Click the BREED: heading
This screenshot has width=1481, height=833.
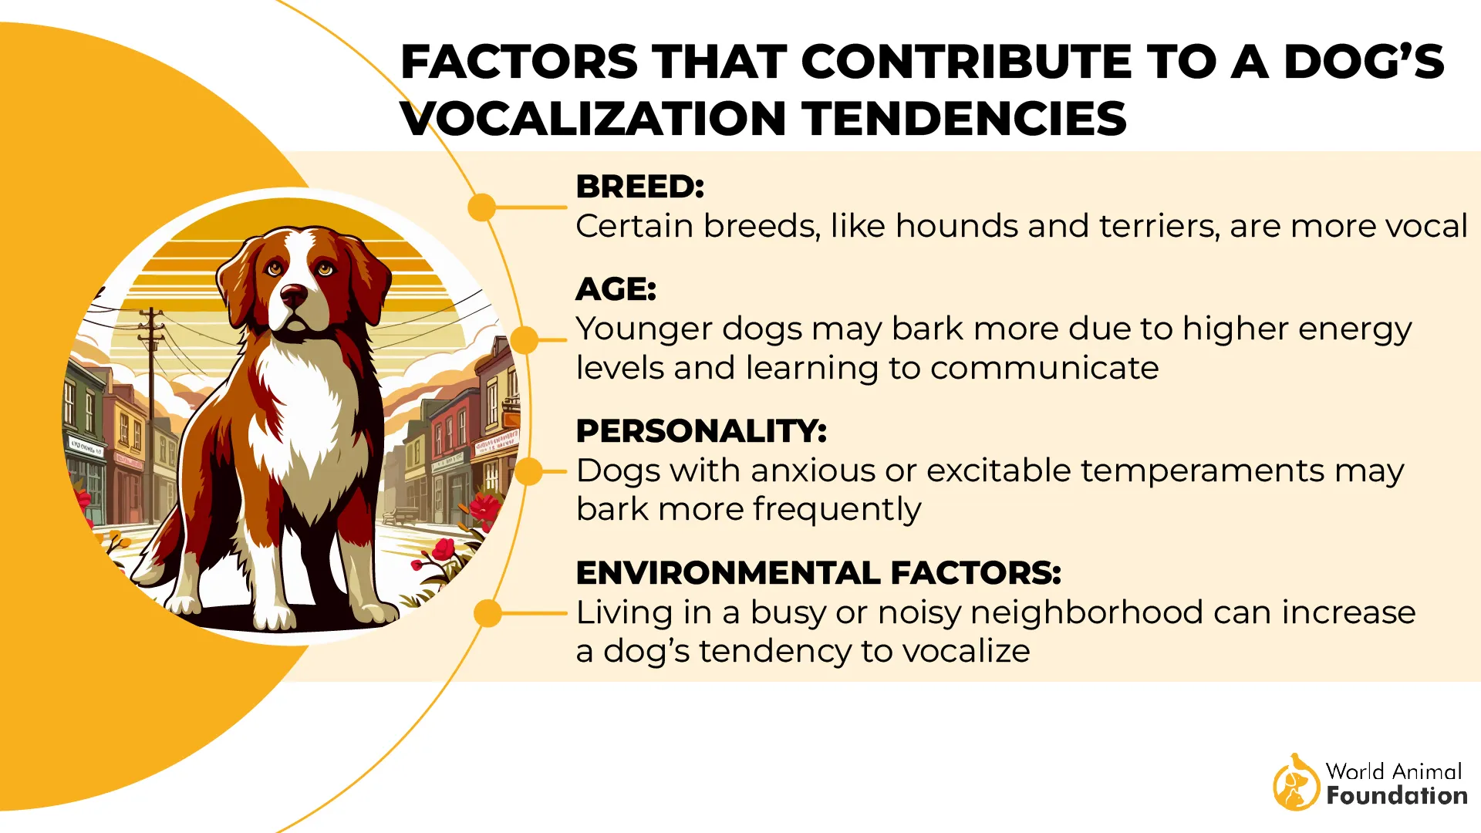click(639, 187)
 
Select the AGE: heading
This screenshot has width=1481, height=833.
click(616, 290)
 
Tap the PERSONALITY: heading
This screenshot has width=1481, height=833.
click(700, 431)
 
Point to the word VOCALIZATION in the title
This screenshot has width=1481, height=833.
click(594, 119)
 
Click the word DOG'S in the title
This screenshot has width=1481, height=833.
click(1364, 62)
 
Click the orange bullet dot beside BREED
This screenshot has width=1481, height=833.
click(482, 207)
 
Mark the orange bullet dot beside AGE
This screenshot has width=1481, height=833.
click(525, 339)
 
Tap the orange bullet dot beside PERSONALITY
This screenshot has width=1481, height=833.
click(528, 471)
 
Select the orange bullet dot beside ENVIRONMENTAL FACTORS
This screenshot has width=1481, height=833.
click(487, 614)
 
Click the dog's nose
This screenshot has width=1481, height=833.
click(293, 294)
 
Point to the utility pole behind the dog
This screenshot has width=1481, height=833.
click(151, 363)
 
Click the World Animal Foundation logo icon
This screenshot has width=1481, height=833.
click(1296, 783)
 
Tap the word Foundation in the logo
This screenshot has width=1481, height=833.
click(1396, 796)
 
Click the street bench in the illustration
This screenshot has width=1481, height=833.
click(400, 514)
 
